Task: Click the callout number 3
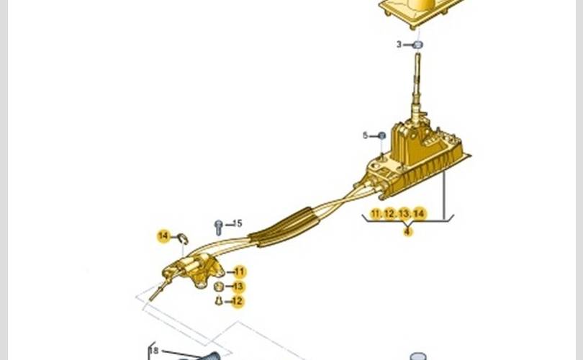[x=399, y=45]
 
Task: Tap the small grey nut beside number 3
[x=417, y=45]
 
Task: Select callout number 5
[x=365, y=135]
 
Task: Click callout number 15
[x=238, y=223]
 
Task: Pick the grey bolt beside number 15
[x=218, y=227]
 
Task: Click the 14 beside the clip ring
[x=163, y=235]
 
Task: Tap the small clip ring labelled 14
[x=183, y=238]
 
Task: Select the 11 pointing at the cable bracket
[x=240, y=272]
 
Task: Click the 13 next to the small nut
[x=238, y=287]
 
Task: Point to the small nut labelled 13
[x=220, y=287]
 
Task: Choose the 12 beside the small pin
[x=238, y=301]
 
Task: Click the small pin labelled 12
[x=219, y=300]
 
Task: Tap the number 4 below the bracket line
[x=408, y=231]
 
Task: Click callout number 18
[x=153, y=351]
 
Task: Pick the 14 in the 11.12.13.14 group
[x=420, y=214]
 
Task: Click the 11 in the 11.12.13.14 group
[x=376, y=214]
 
